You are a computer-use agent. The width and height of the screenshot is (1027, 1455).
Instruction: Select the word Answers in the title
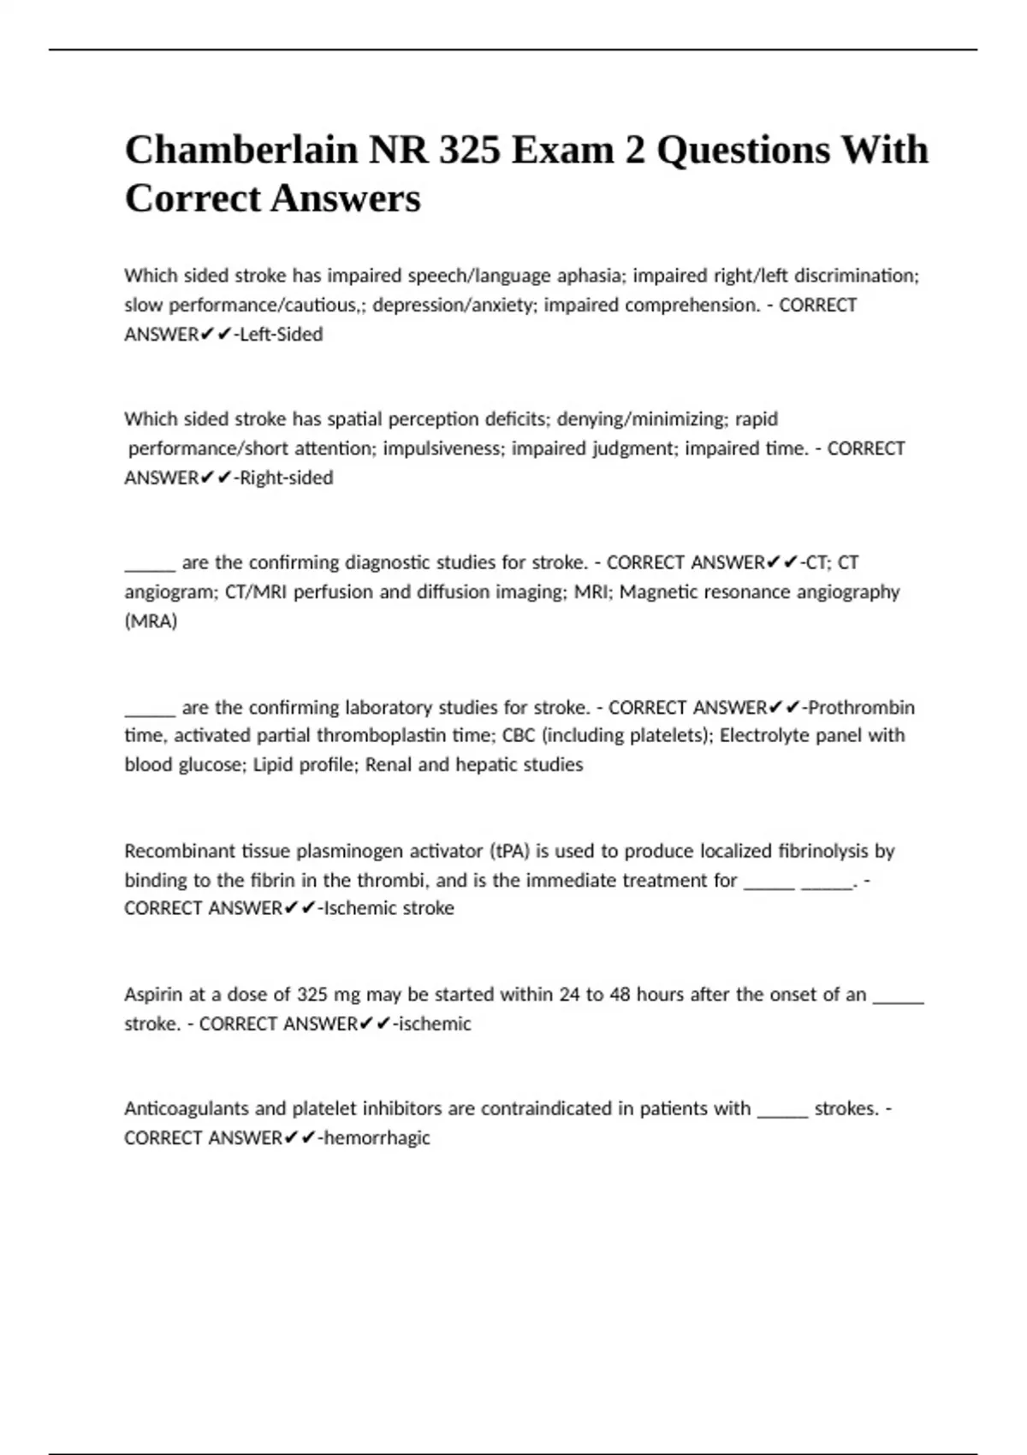(x=346, y=199)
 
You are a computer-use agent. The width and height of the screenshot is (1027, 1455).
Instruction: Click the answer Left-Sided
(x=282, y=335)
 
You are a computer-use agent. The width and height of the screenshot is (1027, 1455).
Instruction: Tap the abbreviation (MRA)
(x=151, y=621)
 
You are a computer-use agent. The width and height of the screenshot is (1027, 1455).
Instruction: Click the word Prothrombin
(x=862, y=708)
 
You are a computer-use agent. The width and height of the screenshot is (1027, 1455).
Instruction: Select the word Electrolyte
(x=763, y=736)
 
